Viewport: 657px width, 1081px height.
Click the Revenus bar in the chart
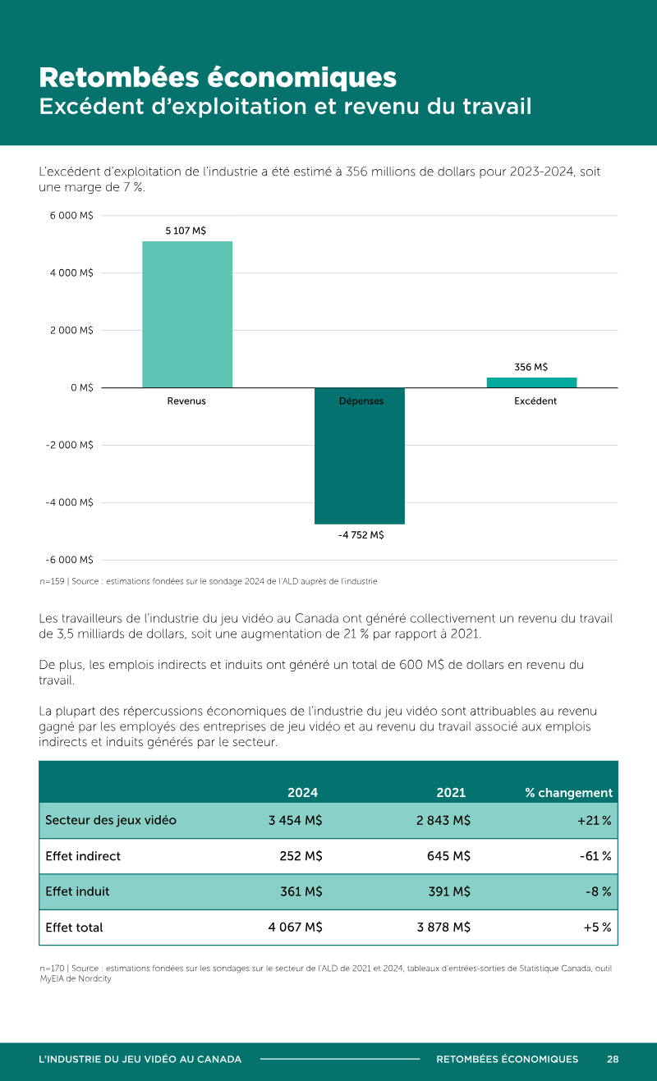(x=187, y=314)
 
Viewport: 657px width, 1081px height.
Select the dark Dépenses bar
(x=360, y=456)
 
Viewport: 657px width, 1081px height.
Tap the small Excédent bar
(x=531, y=382)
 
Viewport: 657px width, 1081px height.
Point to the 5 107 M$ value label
(x=186, y=231)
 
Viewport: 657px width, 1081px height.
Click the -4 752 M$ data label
(x=361, y=534)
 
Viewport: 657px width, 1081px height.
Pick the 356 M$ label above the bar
(x=531, y=367)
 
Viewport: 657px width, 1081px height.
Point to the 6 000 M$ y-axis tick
(x=71, y=215)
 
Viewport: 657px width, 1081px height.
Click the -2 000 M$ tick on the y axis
(x=70, y=444)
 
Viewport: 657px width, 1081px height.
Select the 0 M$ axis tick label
(x=82, y=387)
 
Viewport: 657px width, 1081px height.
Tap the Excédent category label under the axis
(x=535, y=401)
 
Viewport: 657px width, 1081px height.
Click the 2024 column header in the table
(x=303, y=792)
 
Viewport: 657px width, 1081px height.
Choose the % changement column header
(x=568, y=793)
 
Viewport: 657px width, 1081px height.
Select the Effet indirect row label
(x=83, y=855)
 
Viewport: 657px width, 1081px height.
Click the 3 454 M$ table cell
(x=296, y=820)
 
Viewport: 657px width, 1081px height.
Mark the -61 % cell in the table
(x=595, y=855)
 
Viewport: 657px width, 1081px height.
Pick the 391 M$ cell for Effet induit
(x=449, y=891)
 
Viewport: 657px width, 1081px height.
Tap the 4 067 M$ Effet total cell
(x=296, y=927)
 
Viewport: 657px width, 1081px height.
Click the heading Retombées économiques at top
(x=218, y=78)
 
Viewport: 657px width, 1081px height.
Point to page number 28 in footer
(x=613, y=1059)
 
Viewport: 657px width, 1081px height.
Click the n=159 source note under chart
(x=209, y=581)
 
